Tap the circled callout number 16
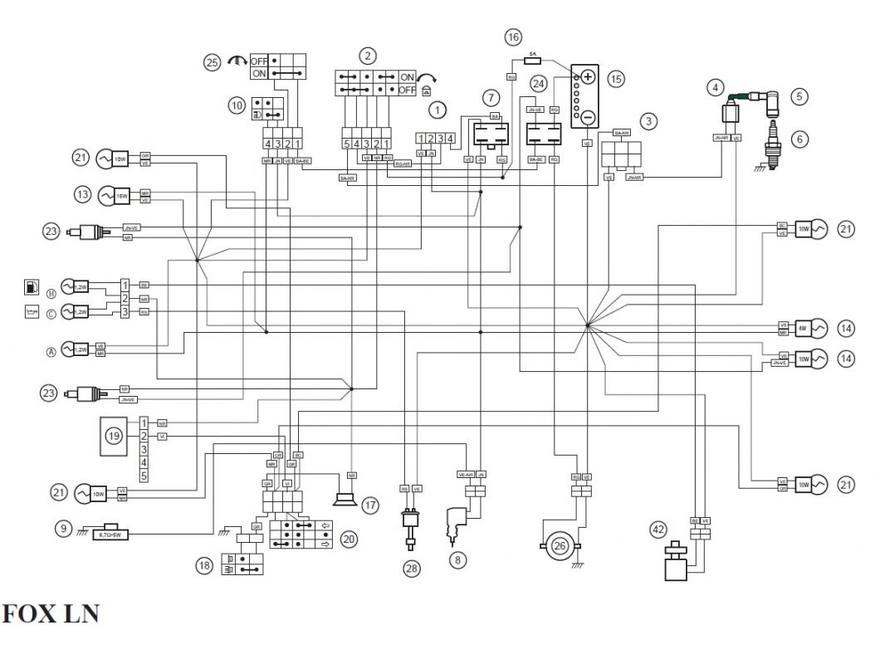point(513,37)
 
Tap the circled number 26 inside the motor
point(560,546)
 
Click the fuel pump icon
point(31,287)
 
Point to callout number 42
point(658,528)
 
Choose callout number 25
point(212,61)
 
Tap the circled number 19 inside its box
point(114,435)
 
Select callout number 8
point(457,560)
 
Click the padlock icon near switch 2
point(426,90)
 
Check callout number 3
point(649,121)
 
